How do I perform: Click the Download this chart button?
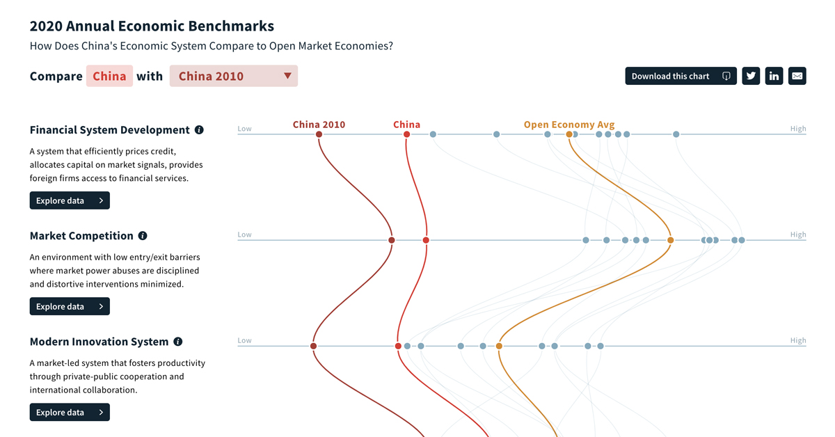[x=681, y=76]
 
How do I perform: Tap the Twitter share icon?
[x=751, y=76]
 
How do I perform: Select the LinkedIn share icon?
[x=774, y=76]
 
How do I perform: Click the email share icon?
[x=797, y=76]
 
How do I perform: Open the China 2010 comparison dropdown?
[x=234, y=76]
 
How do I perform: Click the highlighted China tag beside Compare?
[x=109, y=76]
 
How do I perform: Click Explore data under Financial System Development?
[x=70, y=200]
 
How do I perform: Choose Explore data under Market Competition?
[x=70, y=306]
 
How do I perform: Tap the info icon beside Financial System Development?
[x=199, y=130]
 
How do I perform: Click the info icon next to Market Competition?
[x=143, y=236]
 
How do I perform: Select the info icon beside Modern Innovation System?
[x=178, y=342]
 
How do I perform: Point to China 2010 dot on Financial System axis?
[x=319, y=134]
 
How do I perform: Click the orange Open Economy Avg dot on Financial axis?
[x=569, y=134]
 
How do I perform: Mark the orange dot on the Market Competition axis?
[x=671, y=240]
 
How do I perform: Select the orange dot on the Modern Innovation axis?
[x=499, y=346]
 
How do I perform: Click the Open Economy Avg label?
[x=569, y=125]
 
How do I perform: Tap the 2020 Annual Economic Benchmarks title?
[x=152, y=26]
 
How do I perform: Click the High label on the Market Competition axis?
[x=798, y=235]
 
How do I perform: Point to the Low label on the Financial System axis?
[x=244, y=129]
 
